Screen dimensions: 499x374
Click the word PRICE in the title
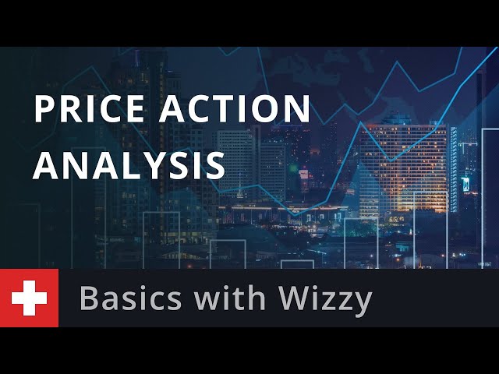click(x=89, y=108)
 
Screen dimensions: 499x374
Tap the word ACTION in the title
click(x=234, y=108)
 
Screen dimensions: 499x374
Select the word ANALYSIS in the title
click(x=129, y=164)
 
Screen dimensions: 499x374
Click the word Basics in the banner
click(x=130, y=298)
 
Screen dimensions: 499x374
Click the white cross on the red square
click(x=30, y=298)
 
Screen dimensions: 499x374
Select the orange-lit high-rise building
click(x=404, y=168)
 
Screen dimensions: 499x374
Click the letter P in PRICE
click(x=44, y=109)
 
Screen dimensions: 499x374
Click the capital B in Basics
click(x=89, y=298)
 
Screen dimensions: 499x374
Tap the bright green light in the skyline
click(x=293, y=166)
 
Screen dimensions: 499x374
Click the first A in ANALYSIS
click(x=46, y=165)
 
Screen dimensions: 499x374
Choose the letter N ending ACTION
click(x=299, y=109)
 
